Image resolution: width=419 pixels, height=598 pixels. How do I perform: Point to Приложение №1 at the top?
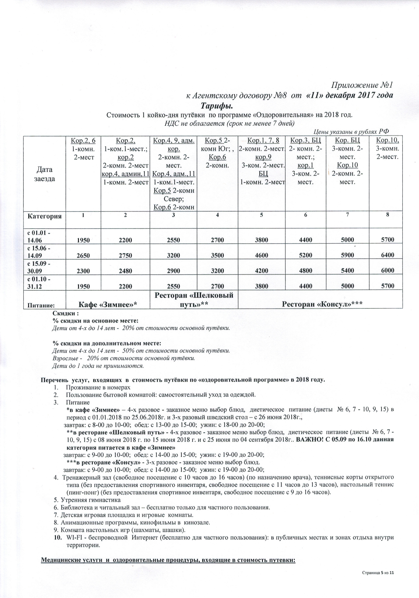tap(362, 85)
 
